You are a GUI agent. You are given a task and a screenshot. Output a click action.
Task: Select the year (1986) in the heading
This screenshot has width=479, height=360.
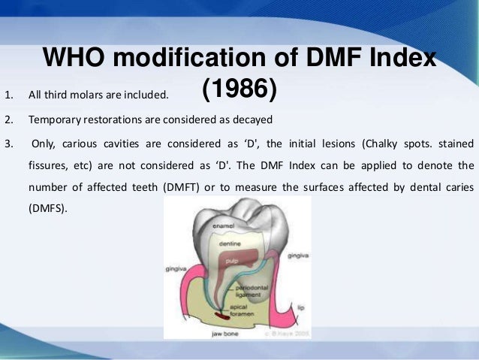[x=239, y=92]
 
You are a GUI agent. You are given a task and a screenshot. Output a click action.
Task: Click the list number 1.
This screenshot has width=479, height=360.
[x=8, y=95]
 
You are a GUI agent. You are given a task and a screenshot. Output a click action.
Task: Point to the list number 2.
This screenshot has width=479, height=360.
[x=8, y=119]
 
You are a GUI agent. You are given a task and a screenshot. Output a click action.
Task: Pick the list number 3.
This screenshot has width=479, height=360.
[x=8, y=142]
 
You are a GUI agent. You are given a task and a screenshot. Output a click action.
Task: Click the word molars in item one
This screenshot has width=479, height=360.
[x=95, y=95]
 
